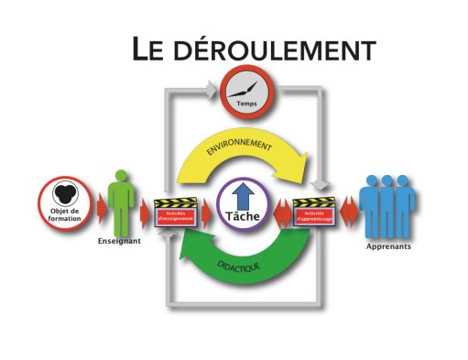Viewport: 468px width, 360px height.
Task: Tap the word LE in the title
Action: [x=147, y=48]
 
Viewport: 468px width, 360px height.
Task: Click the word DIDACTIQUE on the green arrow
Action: [x=240, y=268]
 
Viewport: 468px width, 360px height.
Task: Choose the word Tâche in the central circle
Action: [x=243, y=217]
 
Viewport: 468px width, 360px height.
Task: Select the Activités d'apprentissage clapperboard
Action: [x=314, y=213]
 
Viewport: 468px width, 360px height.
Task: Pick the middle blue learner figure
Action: [x=388, y=205]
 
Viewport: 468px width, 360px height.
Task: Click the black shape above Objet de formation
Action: [x=63, y=194]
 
